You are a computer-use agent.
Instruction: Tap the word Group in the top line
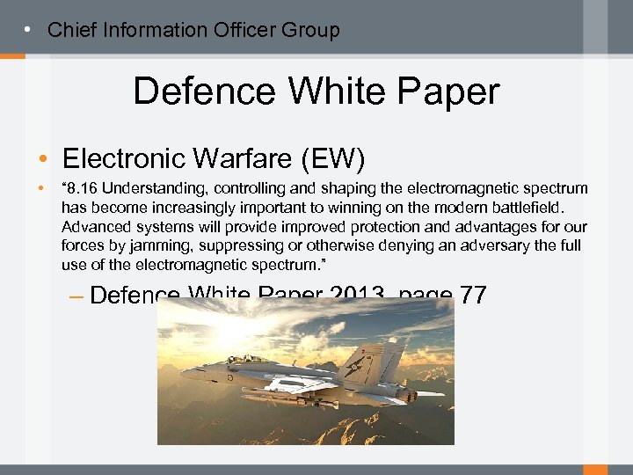coord(312,30)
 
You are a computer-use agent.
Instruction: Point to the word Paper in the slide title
coord(447,91)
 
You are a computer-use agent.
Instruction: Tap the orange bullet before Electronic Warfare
coord(43,159)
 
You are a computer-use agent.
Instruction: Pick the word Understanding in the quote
coord(150,189)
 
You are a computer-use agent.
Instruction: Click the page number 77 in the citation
coord(471,296)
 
